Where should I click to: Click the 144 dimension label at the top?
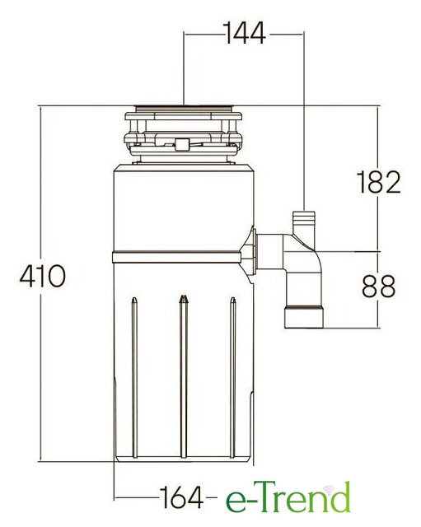tap(244, 33)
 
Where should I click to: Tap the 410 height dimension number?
tap(42, 276)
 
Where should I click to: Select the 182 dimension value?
tap(378, 182)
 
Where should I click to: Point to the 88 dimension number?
tap(378, 286)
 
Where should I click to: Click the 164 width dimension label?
tap(181, 497)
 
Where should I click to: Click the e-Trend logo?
tap(288, 497)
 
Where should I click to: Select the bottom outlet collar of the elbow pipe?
tap(304, 316)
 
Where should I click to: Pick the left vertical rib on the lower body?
tap(134, 377)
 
